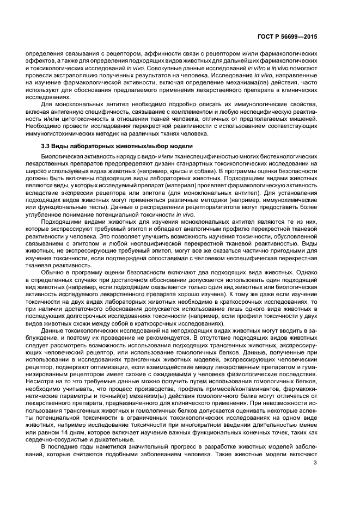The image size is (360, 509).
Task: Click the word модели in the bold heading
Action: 175,146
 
